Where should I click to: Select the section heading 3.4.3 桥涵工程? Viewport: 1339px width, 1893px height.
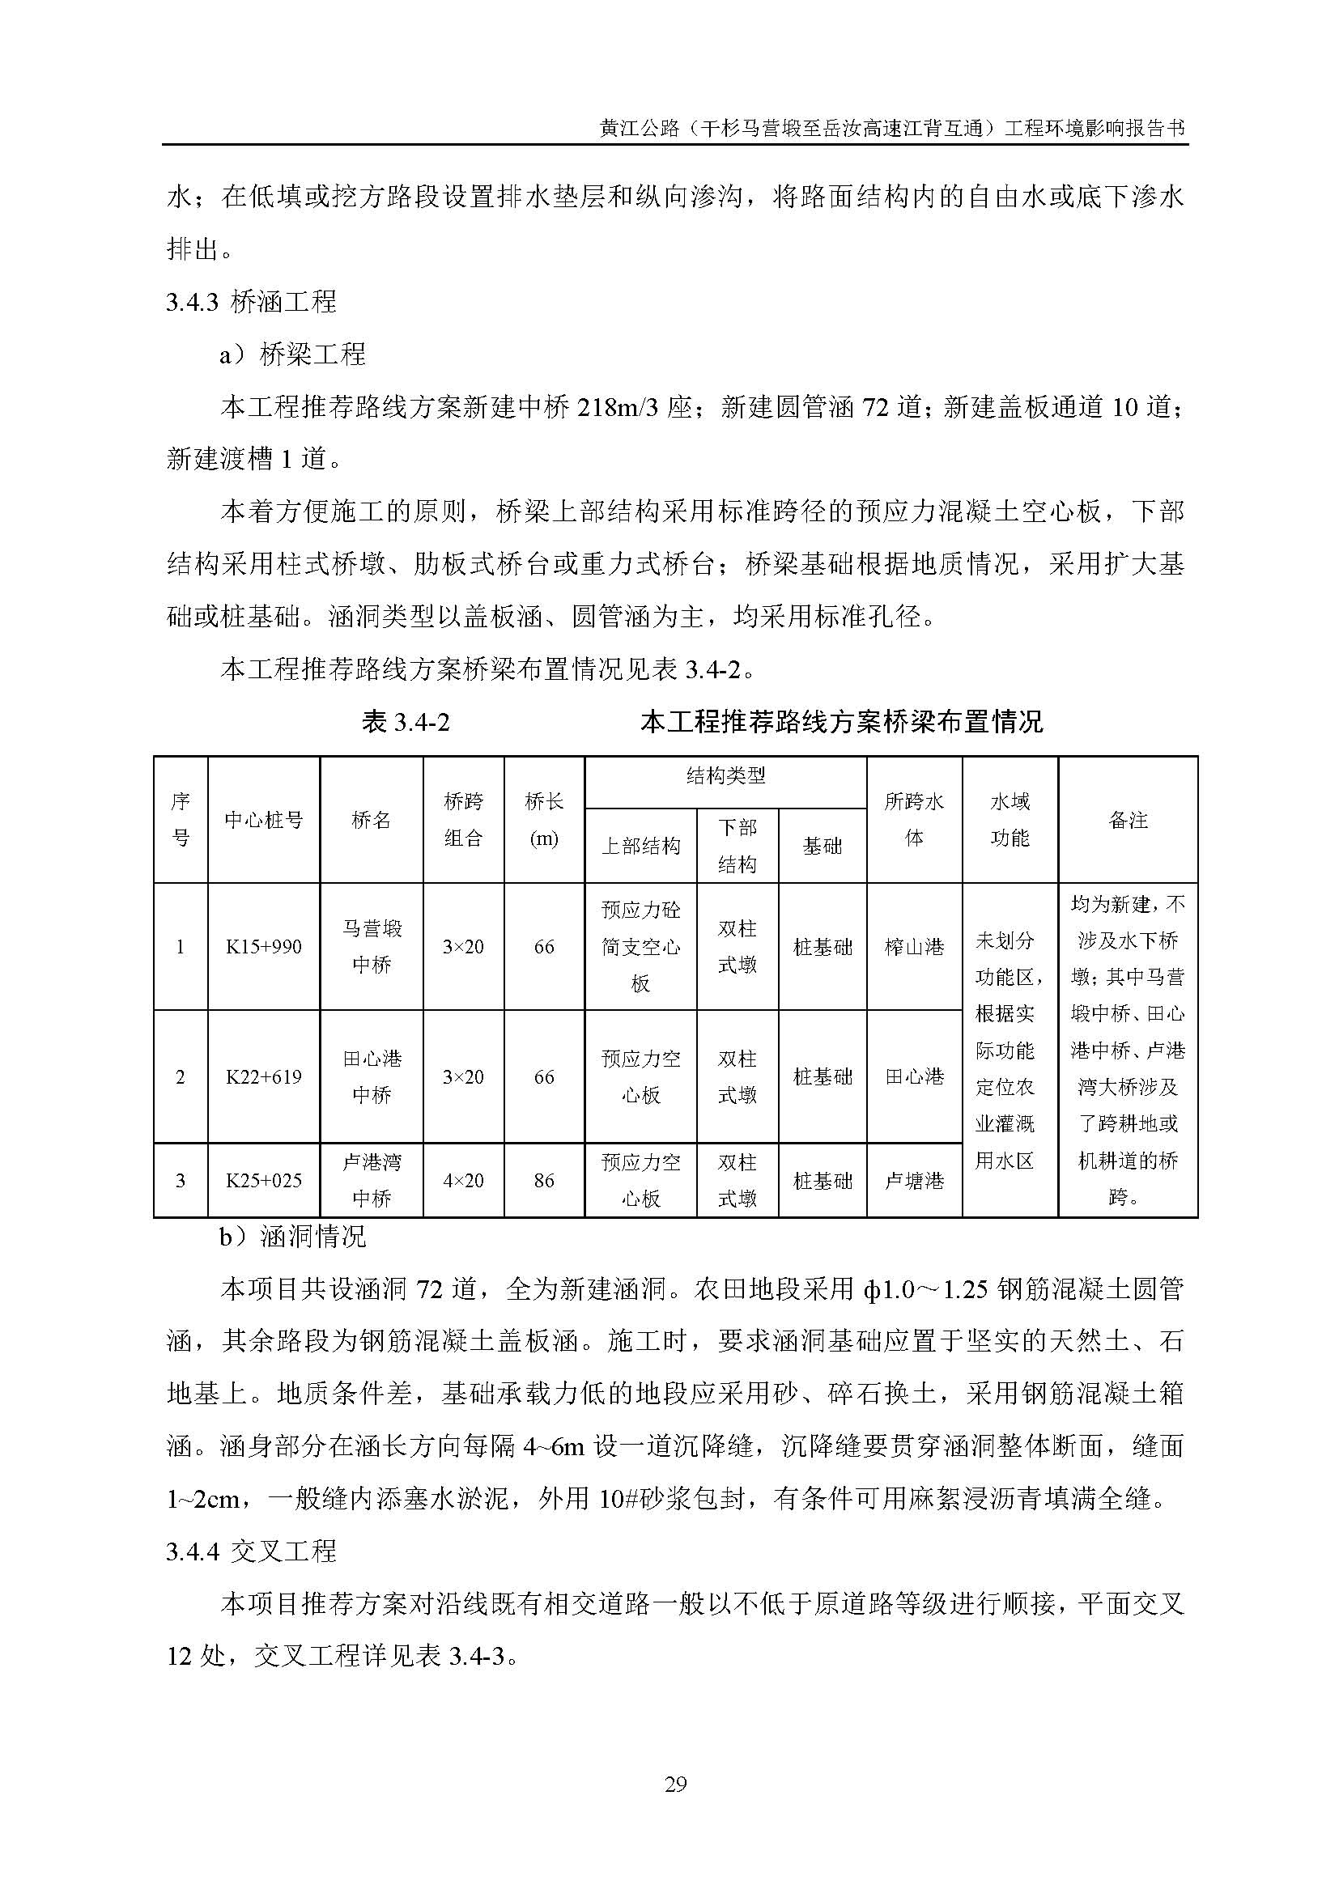click(252, 303)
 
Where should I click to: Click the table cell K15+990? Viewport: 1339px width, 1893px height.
click(264, 947)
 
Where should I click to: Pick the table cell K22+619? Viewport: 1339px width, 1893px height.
click(264, 1076)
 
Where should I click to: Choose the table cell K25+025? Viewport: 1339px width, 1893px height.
click(264, 1181)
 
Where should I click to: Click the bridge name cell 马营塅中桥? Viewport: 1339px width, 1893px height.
click(372, 947)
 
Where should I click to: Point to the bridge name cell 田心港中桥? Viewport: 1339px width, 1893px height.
click(372, 1076)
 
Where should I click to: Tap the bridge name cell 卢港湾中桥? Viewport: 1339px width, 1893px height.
click(372, 1181)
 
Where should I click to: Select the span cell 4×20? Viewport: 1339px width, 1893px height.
click(463, 1181)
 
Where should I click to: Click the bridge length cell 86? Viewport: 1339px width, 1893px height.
click(544, 1181)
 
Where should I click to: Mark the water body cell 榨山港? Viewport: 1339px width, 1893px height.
click(914, 947)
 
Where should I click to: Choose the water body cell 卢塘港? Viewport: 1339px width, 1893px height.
click(914, 1181)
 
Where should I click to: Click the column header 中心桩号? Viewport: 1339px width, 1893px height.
click(264, 821)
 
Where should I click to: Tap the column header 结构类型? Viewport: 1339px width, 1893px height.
click(725, 776)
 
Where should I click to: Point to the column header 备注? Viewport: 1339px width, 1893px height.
click(1128, 821)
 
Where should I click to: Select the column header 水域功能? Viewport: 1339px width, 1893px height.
click(1010, 821)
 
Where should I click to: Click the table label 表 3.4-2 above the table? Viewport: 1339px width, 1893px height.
click(406, 722)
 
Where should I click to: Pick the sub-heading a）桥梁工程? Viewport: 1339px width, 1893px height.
click(292, 355)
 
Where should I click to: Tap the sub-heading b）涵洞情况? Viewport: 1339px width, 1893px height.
click(292, 1237)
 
